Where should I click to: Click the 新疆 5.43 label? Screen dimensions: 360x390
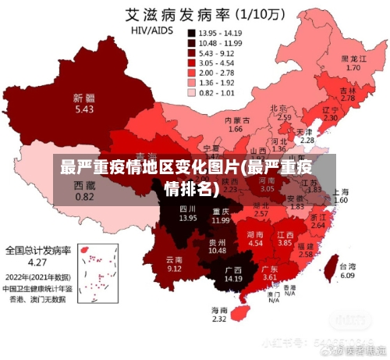(x=84, y=104)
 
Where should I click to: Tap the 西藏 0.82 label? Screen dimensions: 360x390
(x=84, y=191)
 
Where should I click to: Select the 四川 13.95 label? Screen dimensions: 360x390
(x=188, y=213)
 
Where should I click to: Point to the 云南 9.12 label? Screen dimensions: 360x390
(x=174, y=263)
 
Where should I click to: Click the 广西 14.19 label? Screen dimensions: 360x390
(x=232, y=273)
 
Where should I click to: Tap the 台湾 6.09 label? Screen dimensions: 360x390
(x=347, y=271)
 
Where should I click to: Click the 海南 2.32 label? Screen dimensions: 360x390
(x=219, y=315)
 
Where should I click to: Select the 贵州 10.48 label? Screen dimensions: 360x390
(x=217, y=246)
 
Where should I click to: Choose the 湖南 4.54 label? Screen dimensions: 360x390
(x=255, y=238)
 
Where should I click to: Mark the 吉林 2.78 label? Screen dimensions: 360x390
(x=348, y=94)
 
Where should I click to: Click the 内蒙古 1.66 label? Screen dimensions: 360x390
(x=237, y=125)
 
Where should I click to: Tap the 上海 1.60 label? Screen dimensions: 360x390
(x=341, y=196)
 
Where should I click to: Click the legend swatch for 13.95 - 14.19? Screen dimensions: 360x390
(x=191, y=34)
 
